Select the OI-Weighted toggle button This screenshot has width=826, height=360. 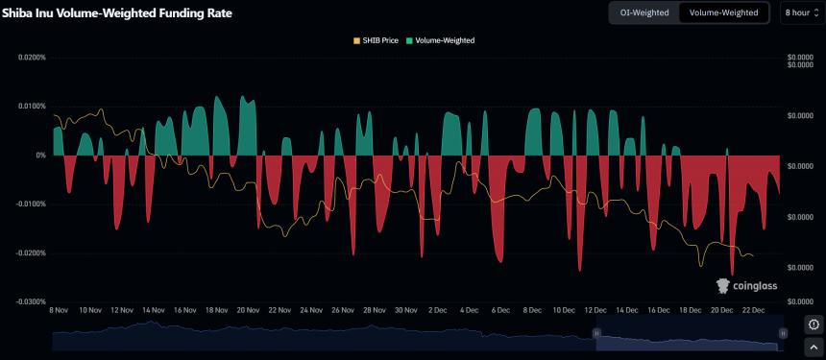[644, 12]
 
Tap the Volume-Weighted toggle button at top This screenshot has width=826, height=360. [724, 12]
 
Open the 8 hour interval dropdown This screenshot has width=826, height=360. [800, 12]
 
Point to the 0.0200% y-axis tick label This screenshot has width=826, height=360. [33, 58]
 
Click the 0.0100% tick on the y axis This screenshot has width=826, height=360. [33, 107]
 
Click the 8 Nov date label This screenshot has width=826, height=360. [58, 311]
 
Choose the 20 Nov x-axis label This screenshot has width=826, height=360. [248, 311]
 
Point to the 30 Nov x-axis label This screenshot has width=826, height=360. [405, 311]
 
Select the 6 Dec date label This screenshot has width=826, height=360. [500, 311]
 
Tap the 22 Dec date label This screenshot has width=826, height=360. [752, 311]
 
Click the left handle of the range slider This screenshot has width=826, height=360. [596, 333]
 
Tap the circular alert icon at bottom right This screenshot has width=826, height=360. [814, 324]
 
